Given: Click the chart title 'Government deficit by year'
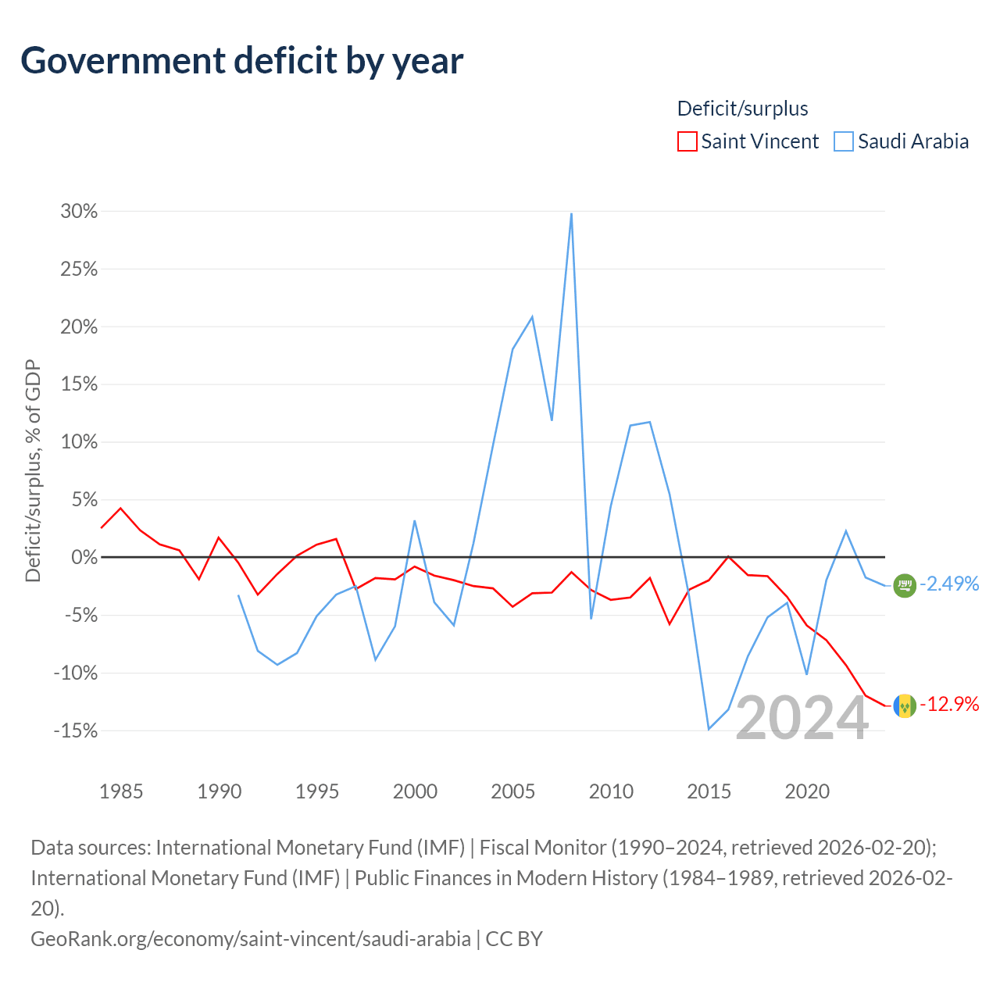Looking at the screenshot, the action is tap(241, 61).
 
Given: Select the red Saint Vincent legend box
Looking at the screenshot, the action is tap(687, 141).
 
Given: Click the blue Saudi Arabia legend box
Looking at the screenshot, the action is tap(843, 141).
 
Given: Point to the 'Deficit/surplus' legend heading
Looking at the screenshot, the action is tap(742, 109).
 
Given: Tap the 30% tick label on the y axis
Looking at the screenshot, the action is tap(79, 211).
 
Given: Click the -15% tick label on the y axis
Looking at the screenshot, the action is tap(76, 730).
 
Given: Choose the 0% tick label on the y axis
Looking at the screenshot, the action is tap(84, 557).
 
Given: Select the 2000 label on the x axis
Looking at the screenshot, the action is tap(415, 791).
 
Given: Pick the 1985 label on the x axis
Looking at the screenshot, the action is tap(121, 791).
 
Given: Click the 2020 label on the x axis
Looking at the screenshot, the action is tap(807, 791).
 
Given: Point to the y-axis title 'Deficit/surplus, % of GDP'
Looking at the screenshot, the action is tap(34, 470).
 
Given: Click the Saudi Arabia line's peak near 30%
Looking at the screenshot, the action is tap(571, 214).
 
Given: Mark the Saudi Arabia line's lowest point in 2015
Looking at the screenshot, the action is tap(709, 729).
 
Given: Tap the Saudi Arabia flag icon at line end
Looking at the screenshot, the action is tap(905, 585).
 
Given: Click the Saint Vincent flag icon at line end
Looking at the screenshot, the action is tap(905, 705).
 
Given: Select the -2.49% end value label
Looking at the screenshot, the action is tap(949, 584).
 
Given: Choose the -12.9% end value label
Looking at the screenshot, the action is tap(949, 704).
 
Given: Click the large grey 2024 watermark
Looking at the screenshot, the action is tap(802, 718).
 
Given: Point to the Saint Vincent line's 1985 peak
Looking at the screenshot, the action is tap(121, 508).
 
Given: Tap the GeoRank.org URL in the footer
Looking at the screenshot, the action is tap(251, 939).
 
